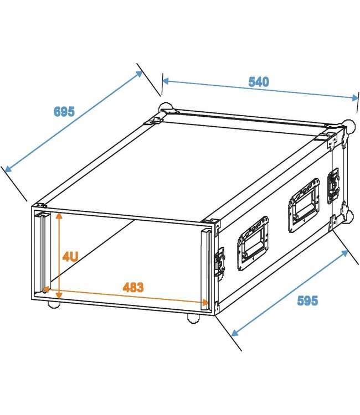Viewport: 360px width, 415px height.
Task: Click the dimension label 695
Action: [x=64, y=111]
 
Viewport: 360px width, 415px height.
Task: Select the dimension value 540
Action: [x=258, y=82]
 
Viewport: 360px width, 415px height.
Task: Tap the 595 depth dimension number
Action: [x=307, y=300]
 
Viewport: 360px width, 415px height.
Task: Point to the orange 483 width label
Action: [x=133, y=287]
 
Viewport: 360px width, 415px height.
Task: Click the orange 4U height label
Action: [x=70, y=256]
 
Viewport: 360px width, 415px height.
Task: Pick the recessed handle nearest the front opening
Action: [x=253, y=243]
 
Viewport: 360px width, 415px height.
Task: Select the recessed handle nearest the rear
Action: [x=303, y=204]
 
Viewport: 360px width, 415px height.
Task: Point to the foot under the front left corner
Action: [x=54, y=304]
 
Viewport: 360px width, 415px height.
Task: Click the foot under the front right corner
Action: [x=193, y=318]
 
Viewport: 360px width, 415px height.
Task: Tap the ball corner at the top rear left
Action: [x=164, y=107]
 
